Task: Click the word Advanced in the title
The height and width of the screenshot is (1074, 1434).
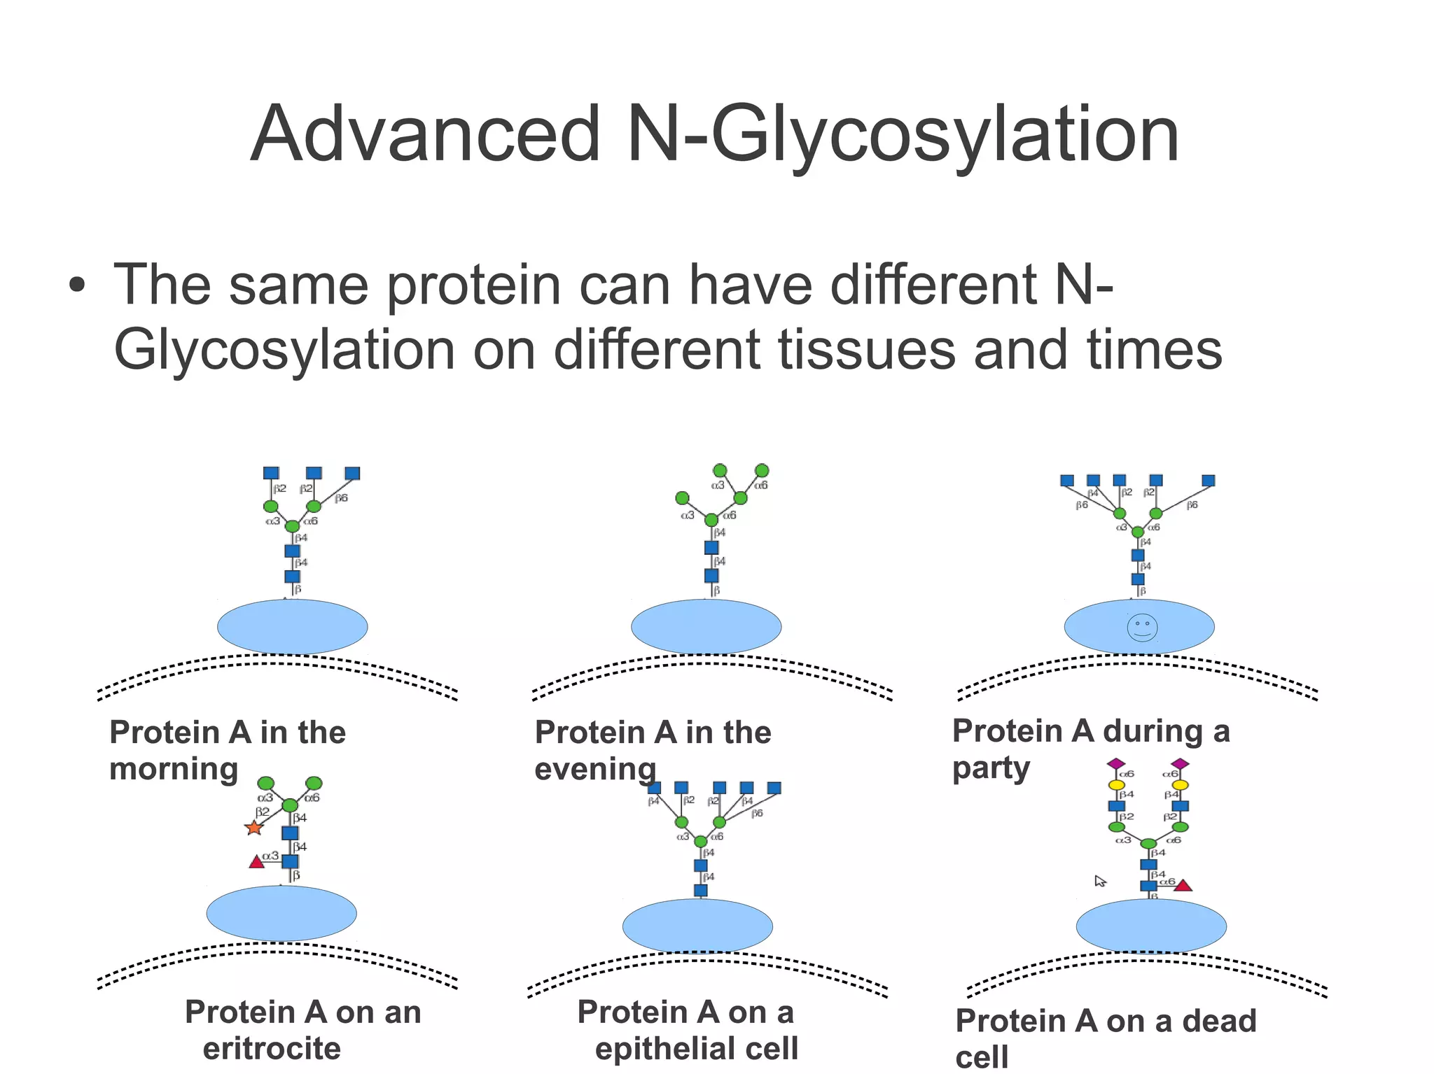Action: pyautogui.click(x=425, y=134)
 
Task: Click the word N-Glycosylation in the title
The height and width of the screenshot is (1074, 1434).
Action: pyautogui.click(x=903, y=134)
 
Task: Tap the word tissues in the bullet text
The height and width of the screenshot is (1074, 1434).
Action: pyautogui.click(x=867, y=350)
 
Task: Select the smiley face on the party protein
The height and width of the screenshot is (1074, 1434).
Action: pyautogui.click(x=1142, y=628)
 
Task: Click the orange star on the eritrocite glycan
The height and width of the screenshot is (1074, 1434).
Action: pyautogui.click(x=253, y=828)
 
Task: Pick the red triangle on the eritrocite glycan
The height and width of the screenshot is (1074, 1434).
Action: pyautogui.click(x=257, y=862)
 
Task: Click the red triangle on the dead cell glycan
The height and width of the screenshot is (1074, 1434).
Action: pyautogui.click(x=1183, y=886)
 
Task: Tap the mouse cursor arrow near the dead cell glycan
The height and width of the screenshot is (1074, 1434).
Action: pyautogui.click(x=1100, y=881)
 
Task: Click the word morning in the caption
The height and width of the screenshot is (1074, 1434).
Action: pyautogui.click(x=174, y=770)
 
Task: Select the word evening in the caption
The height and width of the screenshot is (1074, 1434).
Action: pyautogui.click(x=595, y=770)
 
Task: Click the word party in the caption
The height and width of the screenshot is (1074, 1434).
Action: pyautogui.click(x=991, y=768)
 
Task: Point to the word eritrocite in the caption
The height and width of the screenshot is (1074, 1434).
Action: pyautogui.click(x=272, y=1048)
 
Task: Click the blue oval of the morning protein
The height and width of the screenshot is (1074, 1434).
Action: pyautogui.click(x=292, y=626)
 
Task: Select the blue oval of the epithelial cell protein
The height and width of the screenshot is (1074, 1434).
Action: pyautogui.click(x=697, y=926)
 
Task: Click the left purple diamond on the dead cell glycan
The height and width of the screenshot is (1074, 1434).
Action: pyautogui.click(x=1116, y=763)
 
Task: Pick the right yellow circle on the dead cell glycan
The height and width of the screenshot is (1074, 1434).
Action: pyautogui.click(x=1181, y=785)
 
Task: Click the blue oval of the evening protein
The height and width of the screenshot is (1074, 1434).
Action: pyautogui.click(x=706, y=626)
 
